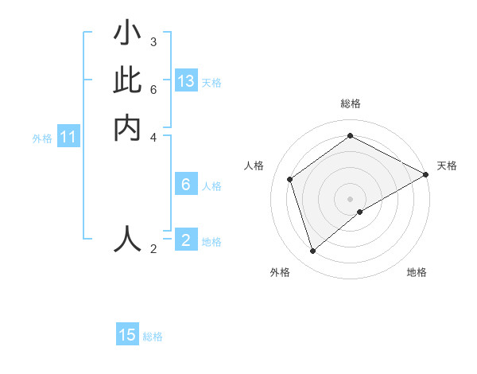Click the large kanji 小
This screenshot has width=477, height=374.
pyautogui.click(x=127, y=35)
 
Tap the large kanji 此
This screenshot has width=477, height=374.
pyautogui.click(x=127, y=81)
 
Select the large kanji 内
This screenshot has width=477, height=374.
pyautogui.click(x=127, y=127)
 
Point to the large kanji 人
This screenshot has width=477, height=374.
pyautogui.click(x=127, y=239)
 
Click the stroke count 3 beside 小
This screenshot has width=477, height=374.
pyautogui.click(x=153, y=41)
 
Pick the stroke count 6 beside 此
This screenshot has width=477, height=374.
pyautogui.click(x=153, y=88)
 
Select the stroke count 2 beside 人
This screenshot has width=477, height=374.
pyautogui.click(x=153, y=248)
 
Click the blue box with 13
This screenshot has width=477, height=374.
pyautogui.click(x=186, y=81)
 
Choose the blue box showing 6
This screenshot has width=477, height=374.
pyautogui.click(x=186, y=185)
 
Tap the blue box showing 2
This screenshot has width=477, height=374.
pyautogui.click(x=186, y=240)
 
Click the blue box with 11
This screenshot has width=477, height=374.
pyautogui.click(x=68, y=138)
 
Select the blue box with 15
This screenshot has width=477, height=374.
pyautogui.click(x=127, y=335)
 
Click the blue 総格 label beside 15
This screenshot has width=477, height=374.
pyautogui.click(x=153, y=337)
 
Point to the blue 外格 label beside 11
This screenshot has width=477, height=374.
pyautogui.click(x=42, y=138)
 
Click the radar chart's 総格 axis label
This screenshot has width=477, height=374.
pyautogui.click(x=351, y=103)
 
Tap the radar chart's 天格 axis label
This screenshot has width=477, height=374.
pyautogui.click(x=447, y=166)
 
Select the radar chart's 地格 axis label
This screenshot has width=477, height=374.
pyautogui.click(x=417, y=272)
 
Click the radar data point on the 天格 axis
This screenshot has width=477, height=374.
pyautogui.click(x=426, y=174)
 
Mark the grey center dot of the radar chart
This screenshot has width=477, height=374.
pyautogui.click(x=351, y=198)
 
